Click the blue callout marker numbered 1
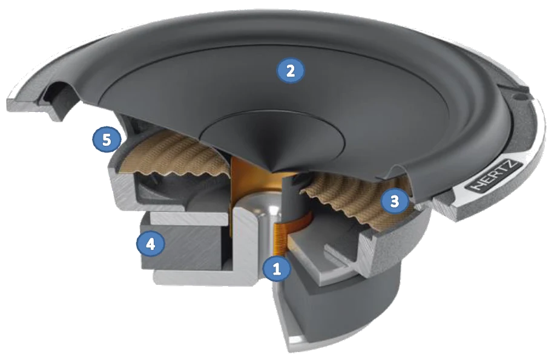pos(277,269)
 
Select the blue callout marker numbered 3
pos(394,201)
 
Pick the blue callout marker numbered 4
pos(151,244)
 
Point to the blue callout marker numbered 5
pos(107,140)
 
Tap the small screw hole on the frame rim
pos(519,95)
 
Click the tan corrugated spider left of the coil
pos(175,157)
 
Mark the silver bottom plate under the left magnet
pos(200,277)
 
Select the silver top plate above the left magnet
pos(189,218)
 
